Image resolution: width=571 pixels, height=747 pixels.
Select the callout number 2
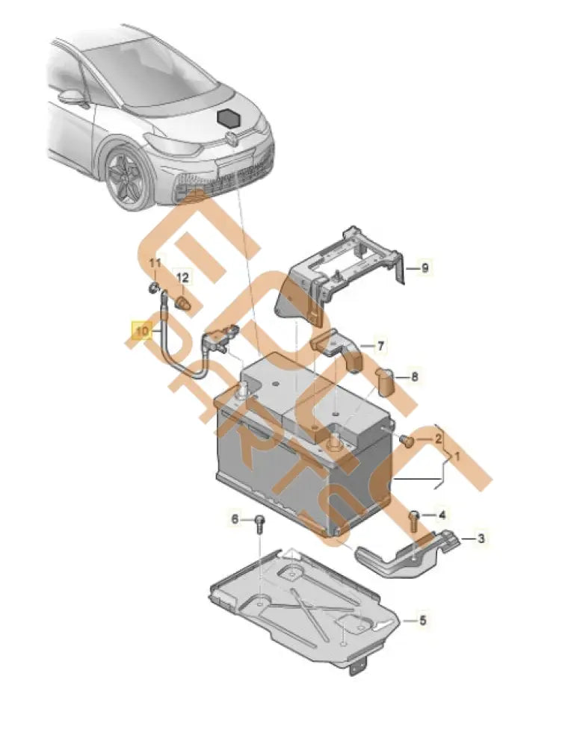tap(439, 439)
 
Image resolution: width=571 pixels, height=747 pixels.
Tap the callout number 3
tap(481, 538)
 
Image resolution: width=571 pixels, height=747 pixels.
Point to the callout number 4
tap(442, 515)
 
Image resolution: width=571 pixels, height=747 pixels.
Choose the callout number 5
tap(422, 620)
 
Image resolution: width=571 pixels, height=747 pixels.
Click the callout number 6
tap(234, 519)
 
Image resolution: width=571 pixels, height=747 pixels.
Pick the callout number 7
tap(380, 347)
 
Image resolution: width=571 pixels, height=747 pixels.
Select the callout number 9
tap(425, 268)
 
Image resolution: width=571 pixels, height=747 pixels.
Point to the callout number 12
tap(183, 277)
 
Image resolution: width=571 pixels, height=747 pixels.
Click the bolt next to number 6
tap(259, 522)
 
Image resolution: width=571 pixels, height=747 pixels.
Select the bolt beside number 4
tap(413, 518)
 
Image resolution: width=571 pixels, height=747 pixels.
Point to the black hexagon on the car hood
tap(227, 118)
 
